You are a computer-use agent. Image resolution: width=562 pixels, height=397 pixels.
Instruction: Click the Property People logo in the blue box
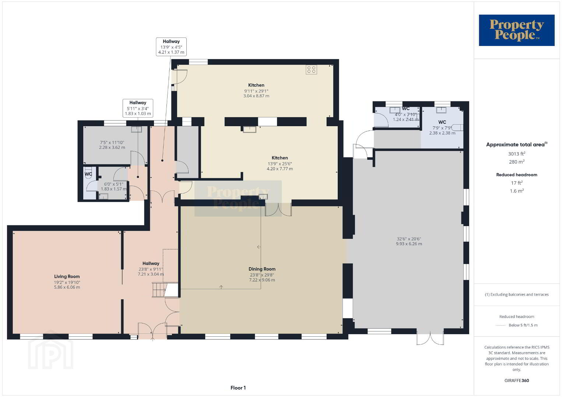[517, 30]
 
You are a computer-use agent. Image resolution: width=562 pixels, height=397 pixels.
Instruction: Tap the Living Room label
[67, 276]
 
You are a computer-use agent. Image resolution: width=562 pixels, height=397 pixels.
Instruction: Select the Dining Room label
[262, 269]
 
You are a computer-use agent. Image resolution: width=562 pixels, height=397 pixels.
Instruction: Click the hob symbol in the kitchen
[311, 69]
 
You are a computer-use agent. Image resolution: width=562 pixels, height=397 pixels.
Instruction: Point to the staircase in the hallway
[159, 290]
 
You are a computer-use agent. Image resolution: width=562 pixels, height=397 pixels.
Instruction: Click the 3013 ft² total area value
[517, 154]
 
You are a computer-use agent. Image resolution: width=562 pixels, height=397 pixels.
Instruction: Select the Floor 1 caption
[238, 388]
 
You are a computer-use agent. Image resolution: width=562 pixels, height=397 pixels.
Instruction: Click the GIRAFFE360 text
[517, 380]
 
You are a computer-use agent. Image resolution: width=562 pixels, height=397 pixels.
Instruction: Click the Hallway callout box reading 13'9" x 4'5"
[171, 47]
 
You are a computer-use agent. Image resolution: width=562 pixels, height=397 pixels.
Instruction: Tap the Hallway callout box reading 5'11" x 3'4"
[138, 108]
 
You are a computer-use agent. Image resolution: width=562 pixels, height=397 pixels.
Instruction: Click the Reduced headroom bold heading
[517, 175]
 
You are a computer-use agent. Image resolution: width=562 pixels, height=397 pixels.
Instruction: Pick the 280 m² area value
[517, 162]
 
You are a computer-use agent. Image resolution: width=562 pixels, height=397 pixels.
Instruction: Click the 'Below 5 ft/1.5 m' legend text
[523, 325]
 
